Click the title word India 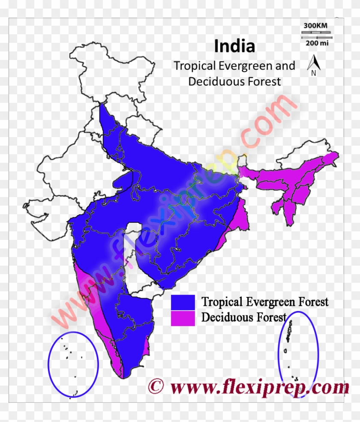(x=234, y=46)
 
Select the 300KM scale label (x=315, y=26)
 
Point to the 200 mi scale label (x=317, y=43)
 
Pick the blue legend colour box (x=183, y=302)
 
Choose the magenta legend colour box (x=183, y=318)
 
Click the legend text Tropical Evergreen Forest (x=265, y=302)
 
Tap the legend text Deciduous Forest (x=243, y=317)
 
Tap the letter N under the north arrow (x=314, y=73)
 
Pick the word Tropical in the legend (x=222, y=302)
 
